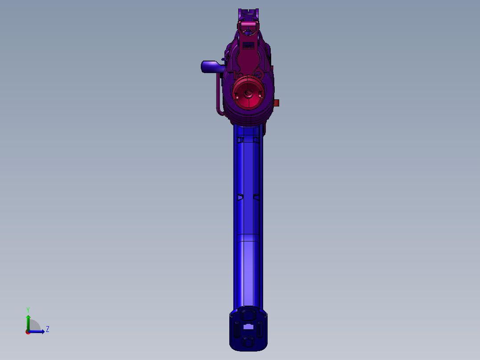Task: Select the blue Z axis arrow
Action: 37,331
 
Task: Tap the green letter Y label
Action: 28,310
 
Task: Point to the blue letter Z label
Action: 48,329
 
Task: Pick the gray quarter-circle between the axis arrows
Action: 35,325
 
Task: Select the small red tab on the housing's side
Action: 276,102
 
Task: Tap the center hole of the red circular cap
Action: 248,94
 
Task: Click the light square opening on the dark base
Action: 248,327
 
